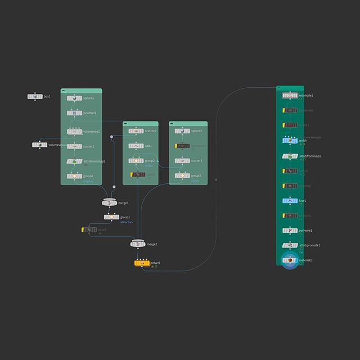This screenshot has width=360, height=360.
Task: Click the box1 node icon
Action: point(35,97)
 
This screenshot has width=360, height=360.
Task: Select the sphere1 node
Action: point(74,98)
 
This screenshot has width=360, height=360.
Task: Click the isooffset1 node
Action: point(74,113)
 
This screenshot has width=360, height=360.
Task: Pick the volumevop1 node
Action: point(74,132)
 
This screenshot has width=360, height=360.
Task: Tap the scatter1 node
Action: point(74,146)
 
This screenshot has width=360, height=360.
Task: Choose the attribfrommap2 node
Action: point(74,161)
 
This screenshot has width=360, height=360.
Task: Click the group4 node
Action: point(74,176)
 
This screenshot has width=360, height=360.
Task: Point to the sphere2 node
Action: point(182,131)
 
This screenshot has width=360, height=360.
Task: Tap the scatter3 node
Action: point(182,161)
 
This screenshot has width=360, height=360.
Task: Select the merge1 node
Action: point(109,202)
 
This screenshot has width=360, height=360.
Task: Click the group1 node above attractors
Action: point(111,217)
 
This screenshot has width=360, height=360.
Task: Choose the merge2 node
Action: point(138,244)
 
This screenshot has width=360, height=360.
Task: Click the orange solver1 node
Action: point(141,263)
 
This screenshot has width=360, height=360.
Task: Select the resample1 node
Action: point(289,96)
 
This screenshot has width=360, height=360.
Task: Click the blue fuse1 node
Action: point(289,200)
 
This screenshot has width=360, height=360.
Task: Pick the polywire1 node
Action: point(289,231)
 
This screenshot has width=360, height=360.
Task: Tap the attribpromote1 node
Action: point(289,245)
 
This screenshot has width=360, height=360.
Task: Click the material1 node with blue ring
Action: point(289,260)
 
